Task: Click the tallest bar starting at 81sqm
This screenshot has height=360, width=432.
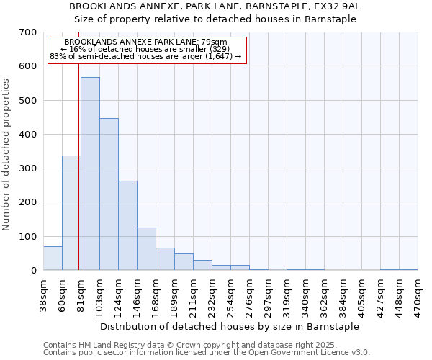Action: coord(90,174)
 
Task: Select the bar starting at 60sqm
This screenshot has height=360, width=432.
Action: coord(71,213)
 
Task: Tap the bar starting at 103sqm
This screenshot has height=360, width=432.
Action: coord(109,194)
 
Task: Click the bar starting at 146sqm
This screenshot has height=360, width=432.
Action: coord(146,249)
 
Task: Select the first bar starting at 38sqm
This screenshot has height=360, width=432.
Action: coord(53,258)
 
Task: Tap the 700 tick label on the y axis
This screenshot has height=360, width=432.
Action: coord(28,32)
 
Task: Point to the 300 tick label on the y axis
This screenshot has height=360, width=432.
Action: coord(28,168)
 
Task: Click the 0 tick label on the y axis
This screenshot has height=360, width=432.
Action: coord(33,271)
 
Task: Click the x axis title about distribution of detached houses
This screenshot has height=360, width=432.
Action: coord(229,326)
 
